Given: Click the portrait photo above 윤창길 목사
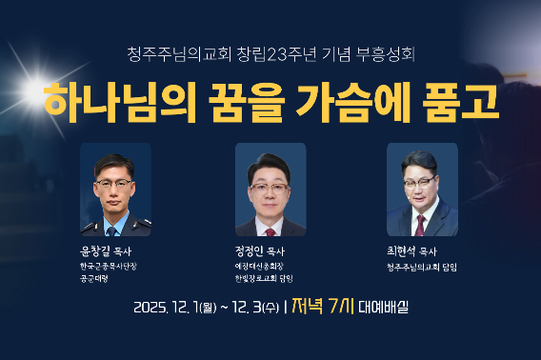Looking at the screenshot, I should click(x=114, y=190).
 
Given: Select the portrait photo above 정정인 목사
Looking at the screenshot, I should click(x=270, y=190).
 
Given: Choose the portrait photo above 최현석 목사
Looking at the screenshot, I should click(x=422, y=190).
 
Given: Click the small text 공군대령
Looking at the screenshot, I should click(x=96, y=281).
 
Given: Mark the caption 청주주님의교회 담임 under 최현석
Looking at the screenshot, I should click(x=422, y=268).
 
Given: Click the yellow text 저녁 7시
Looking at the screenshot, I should click(x=323, y=307).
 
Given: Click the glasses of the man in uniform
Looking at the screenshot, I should click(x=114, y=180).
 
